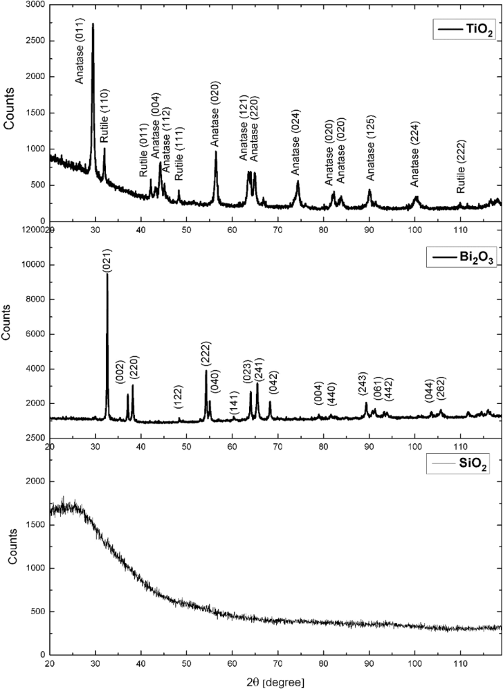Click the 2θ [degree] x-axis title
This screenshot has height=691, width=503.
[275, 681]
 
